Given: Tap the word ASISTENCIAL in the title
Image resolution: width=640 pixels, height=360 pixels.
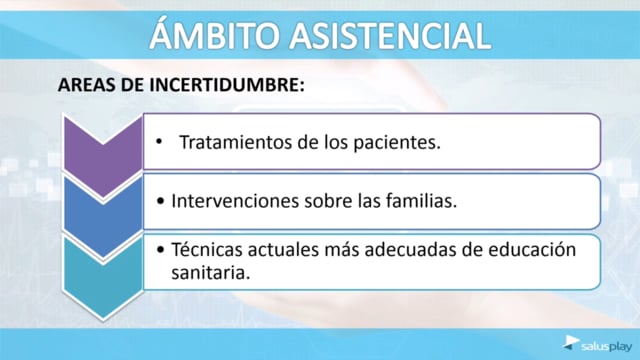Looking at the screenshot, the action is coord(390,36).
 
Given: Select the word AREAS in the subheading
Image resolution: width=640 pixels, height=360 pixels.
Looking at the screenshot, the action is coord(87,85).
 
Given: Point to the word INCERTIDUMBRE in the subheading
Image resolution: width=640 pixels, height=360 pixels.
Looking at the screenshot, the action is coord(226,85).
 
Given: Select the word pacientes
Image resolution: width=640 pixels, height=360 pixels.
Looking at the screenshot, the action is coord(396,143).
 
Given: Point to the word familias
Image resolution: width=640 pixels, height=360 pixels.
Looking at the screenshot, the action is coord(421,200).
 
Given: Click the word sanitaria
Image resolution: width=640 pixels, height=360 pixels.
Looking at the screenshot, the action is coord(210,273).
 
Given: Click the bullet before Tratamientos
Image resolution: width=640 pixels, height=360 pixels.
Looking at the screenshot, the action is coord(159,142).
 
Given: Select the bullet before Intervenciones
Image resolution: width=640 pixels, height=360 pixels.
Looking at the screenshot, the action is coord(160,201).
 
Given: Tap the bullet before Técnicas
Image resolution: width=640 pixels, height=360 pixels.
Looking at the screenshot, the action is coord(160,249).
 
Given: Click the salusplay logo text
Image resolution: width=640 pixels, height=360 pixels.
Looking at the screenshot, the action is coord(607,347).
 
